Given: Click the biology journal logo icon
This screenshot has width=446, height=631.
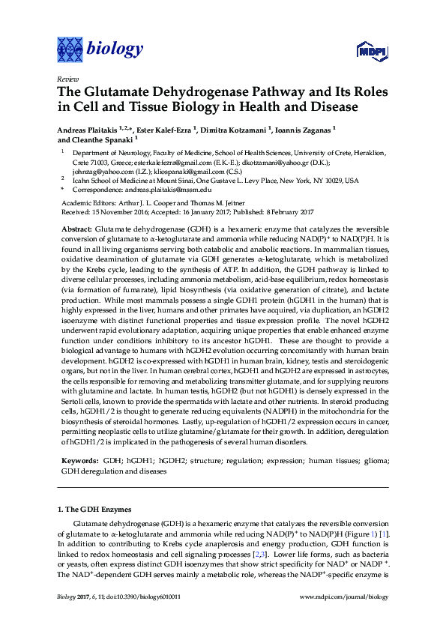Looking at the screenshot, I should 71,49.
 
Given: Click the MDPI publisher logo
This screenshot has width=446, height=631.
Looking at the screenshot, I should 367,52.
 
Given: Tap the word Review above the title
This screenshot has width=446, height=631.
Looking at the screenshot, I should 67,79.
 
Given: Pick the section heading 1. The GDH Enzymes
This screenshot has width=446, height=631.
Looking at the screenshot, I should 94,510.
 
